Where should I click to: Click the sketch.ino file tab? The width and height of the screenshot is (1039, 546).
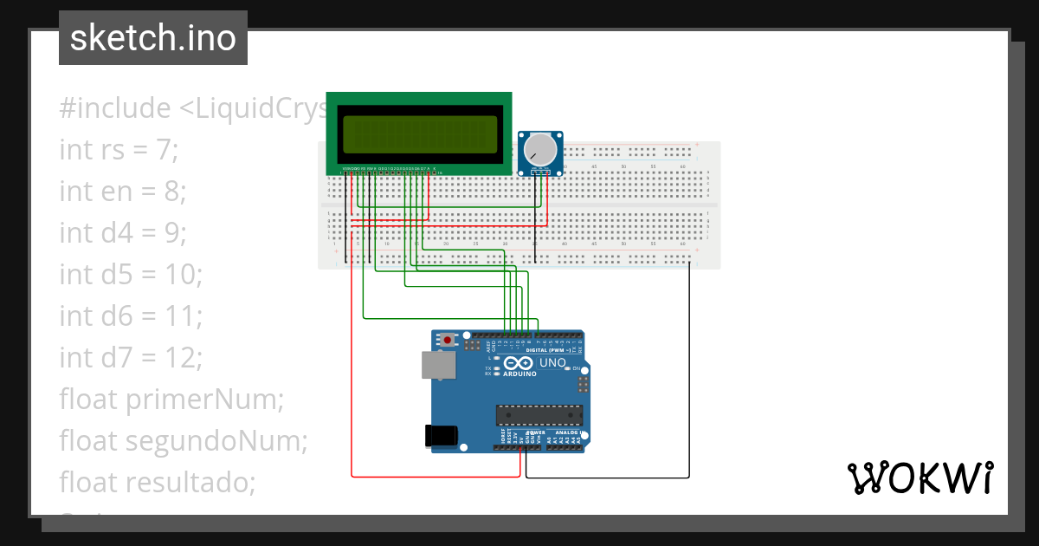click(x=153, y=38)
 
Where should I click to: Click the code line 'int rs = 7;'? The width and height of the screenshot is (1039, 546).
click(x=119, y=150)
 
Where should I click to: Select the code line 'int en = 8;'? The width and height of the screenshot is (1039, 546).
click(x=123, y=191)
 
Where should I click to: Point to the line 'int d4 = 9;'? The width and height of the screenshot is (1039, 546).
click(x=123, y=232)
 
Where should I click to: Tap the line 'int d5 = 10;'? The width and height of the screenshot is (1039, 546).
click(x=131, y=274)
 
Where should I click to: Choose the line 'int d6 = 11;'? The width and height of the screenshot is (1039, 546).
click(x=131, y=315)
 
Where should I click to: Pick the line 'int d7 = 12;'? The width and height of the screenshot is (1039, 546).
click(x=131, y=357)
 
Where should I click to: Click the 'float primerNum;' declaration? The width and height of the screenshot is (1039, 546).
click(x=171, y=399)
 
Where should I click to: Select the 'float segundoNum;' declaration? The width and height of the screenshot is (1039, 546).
click(x=184, y=440)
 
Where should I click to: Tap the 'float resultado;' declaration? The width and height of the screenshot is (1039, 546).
click(x=158, y=482)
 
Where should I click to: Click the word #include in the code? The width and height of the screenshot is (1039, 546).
click(x=115, y=108)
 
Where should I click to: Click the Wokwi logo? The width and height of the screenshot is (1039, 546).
click(x=920, y=478)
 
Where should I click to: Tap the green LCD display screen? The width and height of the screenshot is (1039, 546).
click(x=419, y=134)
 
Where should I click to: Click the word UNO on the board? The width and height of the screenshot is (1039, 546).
click(x=552, y=362)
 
